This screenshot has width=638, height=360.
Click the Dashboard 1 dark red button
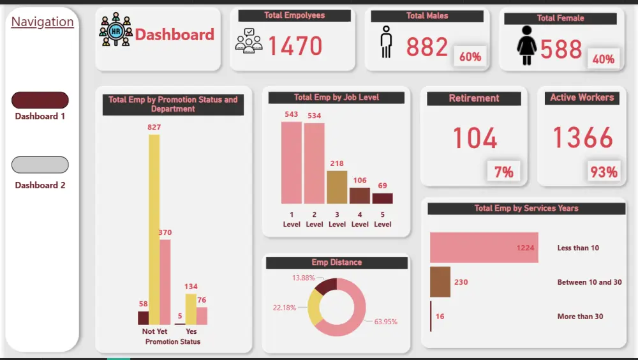[40, 100]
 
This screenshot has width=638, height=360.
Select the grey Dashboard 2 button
[40, 165]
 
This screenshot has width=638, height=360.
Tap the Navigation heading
[42, 22]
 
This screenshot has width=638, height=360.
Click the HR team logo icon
[115, 30]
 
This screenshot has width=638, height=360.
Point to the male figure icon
[386, 43]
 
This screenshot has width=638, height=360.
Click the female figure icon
[526, 46]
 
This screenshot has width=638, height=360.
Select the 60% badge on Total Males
[470, 57]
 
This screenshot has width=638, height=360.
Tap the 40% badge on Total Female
[603, 59]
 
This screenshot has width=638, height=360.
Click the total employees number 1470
[295, 46]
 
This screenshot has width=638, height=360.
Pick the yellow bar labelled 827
[154, 230]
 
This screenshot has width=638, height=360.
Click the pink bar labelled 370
[165, 282]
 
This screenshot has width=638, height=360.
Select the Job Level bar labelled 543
[291, 163]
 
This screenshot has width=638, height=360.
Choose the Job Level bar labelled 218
[337, 187]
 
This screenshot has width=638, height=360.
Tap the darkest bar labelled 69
[382, 198]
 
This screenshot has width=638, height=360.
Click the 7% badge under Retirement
[503, 171]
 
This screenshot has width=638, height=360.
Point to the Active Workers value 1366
[582, 138]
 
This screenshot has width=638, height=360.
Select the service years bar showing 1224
[484, 248]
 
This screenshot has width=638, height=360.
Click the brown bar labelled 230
[440, 282]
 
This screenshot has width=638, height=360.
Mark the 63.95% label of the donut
[385, 321]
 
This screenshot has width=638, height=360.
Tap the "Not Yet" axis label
[154, 331]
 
